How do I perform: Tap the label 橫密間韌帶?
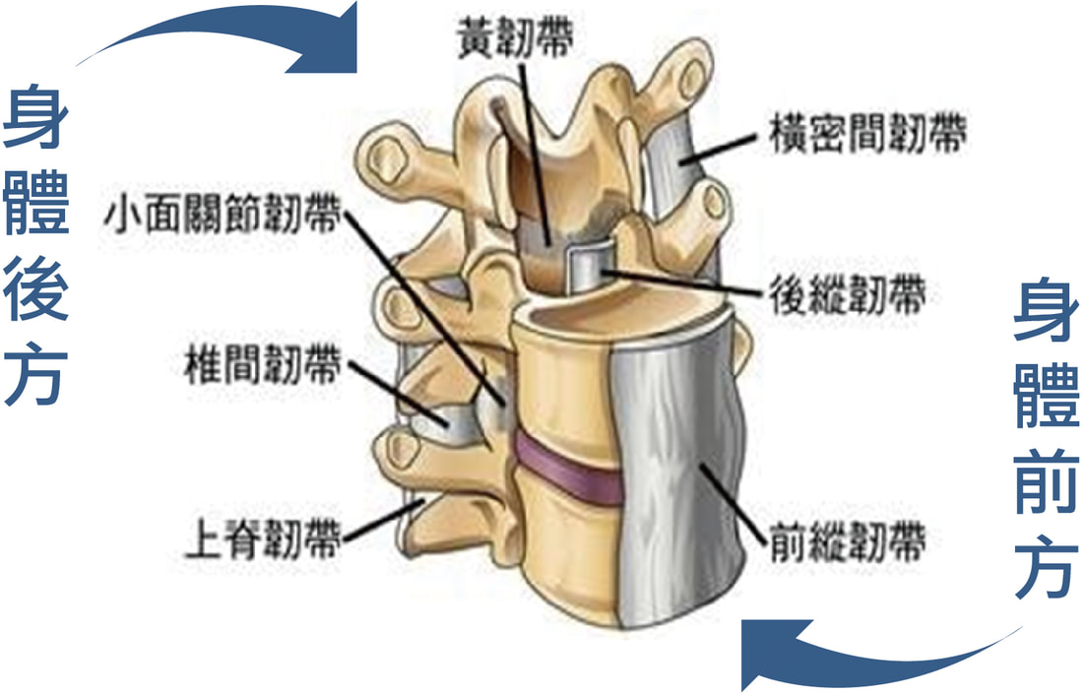[867, 133]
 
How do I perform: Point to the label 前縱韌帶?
[848, 541]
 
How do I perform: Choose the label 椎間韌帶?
[263, 363]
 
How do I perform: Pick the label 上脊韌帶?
[263, 537]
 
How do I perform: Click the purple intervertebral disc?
[566, 468]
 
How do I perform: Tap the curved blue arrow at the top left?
[228, 31]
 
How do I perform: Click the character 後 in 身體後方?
[35, 290]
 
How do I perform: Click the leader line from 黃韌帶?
[534, 152]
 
